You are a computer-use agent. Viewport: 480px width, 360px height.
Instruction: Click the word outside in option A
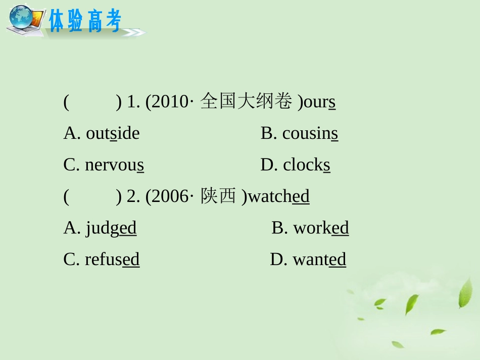(x=113, y=133)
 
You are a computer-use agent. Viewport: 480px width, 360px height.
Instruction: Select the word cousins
(x=310, y=133)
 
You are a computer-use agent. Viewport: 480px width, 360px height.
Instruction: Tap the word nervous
(x=115, y=165)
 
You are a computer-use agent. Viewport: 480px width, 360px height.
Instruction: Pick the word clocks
(x=307, y=165)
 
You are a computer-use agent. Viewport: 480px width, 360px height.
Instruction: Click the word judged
(x=111, y=228)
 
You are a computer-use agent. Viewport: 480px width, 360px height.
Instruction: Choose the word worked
(x=321, y=228)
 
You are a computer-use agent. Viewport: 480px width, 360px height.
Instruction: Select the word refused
(x=112, y=259)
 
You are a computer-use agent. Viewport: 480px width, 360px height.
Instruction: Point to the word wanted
(x=319, y=260)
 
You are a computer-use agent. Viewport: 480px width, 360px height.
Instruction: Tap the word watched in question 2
(x=279, y=196)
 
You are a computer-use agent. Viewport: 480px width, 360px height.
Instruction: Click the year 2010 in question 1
(x=169, y=102)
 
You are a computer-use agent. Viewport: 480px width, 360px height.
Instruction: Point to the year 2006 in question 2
(x=169, y=196)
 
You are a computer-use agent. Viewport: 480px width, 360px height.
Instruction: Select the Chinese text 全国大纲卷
(x=246, y=102)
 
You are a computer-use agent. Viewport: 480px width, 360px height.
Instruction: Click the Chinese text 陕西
(x=218, y=196)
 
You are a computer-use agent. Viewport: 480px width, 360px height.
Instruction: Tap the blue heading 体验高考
(x=85, y=21)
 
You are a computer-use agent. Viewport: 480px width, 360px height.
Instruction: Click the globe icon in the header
(x=21, y=18)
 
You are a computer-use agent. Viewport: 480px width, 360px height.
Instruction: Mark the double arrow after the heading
(x=133, y=32)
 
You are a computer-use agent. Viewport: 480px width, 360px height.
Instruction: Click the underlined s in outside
(x=114, y=134)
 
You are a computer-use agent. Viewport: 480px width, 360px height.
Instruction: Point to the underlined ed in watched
(x=301, y=196)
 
